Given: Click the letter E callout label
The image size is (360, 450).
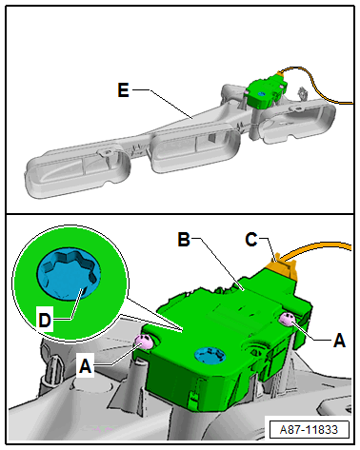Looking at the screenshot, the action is point(123,90).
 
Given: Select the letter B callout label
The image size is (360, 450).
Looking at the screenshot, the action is point(184,240).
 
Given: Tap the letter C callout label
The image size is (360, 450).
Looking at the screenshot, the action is point(251,240).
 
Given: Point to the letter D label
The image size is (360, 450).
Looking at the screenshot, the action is point(45,320).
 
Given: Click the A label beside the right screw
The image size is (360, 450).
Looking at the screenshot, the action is point(339,341).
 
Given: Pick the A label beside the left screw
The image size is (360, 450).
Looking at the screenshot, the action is point(85,367).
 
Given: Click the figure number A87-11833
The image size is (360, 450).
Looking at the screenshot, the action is point(309,429).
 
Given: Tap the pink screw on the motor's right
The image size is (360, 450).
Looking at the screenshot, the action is point(288,319).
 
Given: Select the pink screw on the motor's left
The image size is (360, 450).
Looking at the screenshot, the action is point(144,342).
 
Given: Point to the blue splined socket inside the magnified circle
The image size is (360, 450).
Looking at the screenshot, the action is point(69,274).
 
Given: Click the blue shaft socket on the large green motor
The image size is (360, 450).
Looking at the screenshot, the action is point(210,355).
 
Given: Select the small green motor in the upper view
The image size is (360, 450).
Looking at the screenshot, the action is point(266,91).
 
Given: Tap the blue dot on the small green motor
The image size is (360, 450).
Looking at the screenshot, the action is point(261,93).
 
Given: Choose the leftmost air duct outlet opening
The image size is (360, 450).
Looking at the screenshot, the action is point(78,171).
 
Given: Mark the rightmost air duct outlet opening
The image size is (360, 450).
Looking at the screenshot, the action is point(297,122).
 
